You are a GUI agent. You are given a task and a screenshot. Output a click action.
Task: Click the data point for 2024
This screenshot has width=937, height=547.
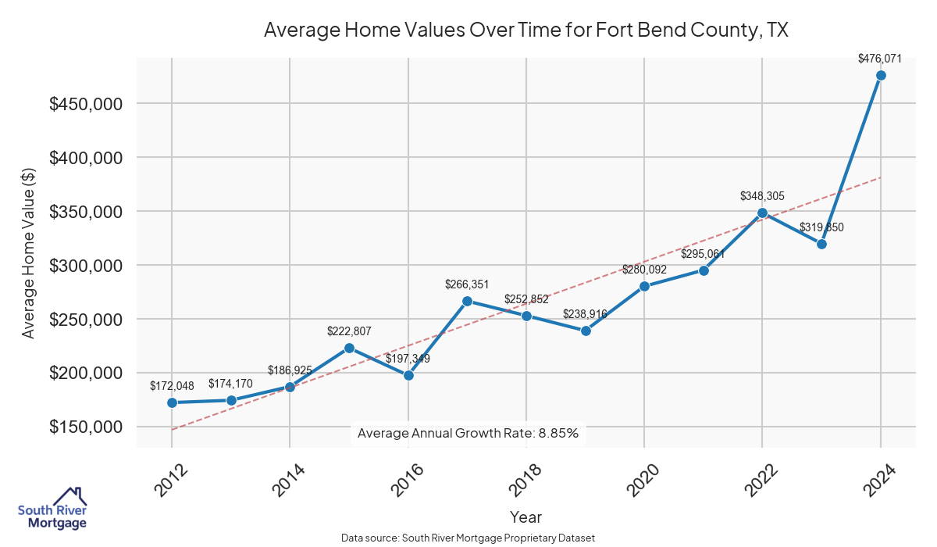881,75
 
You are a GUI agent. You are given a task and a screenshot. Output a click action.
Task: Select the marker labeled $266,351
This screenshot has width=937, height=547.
467,302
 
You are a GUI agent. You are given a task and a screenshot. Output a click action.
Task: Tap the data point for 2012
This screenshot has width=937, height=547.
172,402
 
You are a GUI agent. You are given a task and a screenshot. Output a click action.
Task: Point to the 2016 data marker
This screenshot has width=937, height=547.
408,375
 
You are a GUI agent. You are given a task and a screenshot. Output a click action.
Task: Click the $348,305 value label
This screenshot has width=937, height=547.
762,197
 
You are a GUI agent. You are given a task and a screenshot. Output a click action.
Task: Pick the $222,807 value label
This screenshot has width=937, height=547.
349,332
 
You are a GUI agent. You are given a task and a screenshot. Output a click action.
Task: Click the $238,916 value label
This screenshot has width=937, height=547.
586,314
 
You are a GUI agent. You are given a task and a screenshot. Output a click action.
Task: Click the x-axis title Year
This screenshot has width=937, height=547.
526,517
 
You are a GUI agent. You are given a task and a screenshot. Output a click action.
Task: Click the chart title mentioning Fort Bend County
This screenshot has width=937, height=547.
526,30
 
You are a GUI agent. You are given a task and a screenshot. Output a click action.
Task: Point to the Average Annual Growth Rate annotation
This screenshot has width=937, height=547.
468,433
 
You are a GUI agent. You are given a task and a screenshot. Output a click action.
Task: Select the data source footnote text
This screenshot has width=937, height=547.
468,538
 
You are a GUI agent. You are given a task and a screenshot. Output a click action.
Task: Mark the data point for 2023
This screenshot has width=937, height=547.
821,244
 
